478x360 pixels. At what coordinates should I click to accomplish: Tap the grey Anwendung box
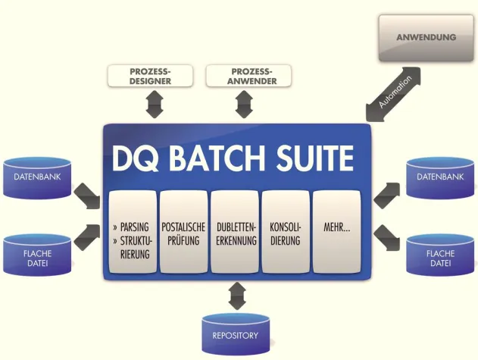coord(426,37)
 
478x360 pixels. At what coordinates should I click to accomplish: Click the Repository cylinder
coord(236,334)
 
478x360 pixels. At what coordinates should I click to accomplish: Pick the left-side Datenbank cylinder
coord(38,177)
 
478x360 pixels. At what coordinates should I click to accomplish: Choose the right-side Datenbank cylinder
coord(440,177)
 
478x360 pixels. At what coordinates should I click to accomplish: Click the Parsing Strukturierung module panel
coord(132,233)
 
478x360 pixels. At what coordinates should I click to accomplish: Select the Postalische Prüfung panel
coord(183,233)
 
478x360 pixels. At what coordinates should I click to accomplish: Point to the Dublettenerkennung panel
coord(235,233)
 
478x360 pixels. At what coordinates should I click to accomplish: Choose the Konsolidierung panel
coord(286,233)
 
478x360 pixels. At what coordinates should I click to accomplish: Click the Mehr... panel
coord(336,233)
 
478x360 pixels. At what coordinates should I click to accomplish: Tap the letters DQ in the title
coord(136,158)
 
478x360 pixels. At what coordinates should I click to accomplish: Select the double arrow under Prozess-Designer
coord(154,105)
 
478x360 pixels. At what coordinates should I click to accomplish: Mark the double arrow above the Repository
coord(236,295)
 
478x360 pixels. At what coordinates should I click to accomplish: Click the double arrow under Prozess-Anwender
coord(243,105)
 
